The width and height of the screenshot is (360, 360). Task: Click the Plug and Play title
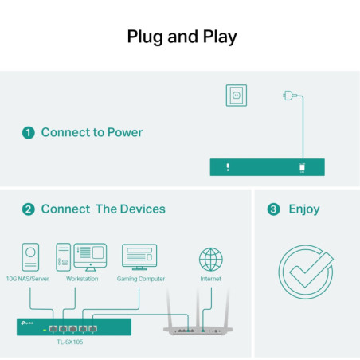click(182, 37)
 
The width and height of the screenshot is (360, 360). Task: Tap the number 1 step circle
click(29, 132)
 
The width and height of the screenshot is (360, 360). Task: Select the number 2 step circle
click(29, 209)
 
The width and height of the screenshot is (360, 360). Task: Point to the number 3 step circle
click(273, 209)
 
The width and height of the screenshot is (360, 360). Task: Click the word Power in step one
click(119, 132)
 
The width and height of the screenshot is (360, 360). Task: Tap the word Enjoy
click(303, 209)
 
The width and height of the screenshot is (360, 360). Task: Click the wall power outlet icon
click(236, 96)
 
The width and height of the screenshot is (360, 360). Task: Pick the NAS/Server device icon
click(30, 256)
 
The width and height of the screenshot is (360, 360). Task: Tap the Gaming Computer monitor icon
click(139, 256)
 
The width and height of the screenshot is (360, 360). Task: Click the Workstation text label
click(82, 279)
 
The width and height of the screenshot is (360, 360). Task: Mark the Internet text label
click(210, 279)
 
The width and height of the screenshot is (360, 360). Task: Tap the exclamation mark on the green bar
click(228, 167)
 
